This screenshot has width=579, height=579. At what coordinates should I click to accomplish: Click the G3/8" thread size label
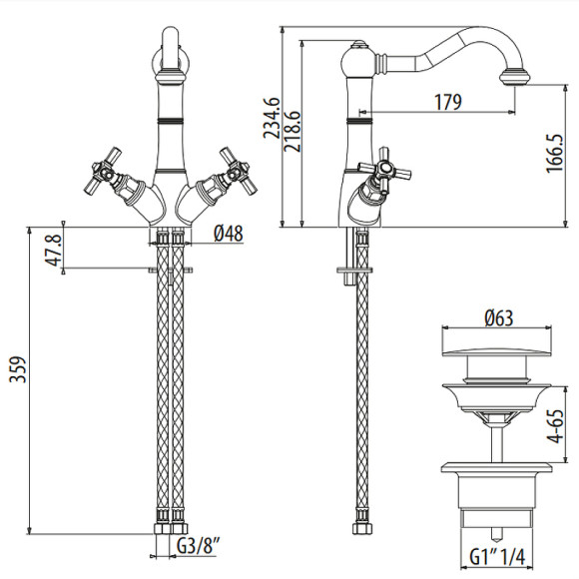click(x=201, y=547)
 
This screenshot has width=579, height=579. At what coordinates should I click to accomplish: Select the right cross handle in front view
click(x=237, y=171)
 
